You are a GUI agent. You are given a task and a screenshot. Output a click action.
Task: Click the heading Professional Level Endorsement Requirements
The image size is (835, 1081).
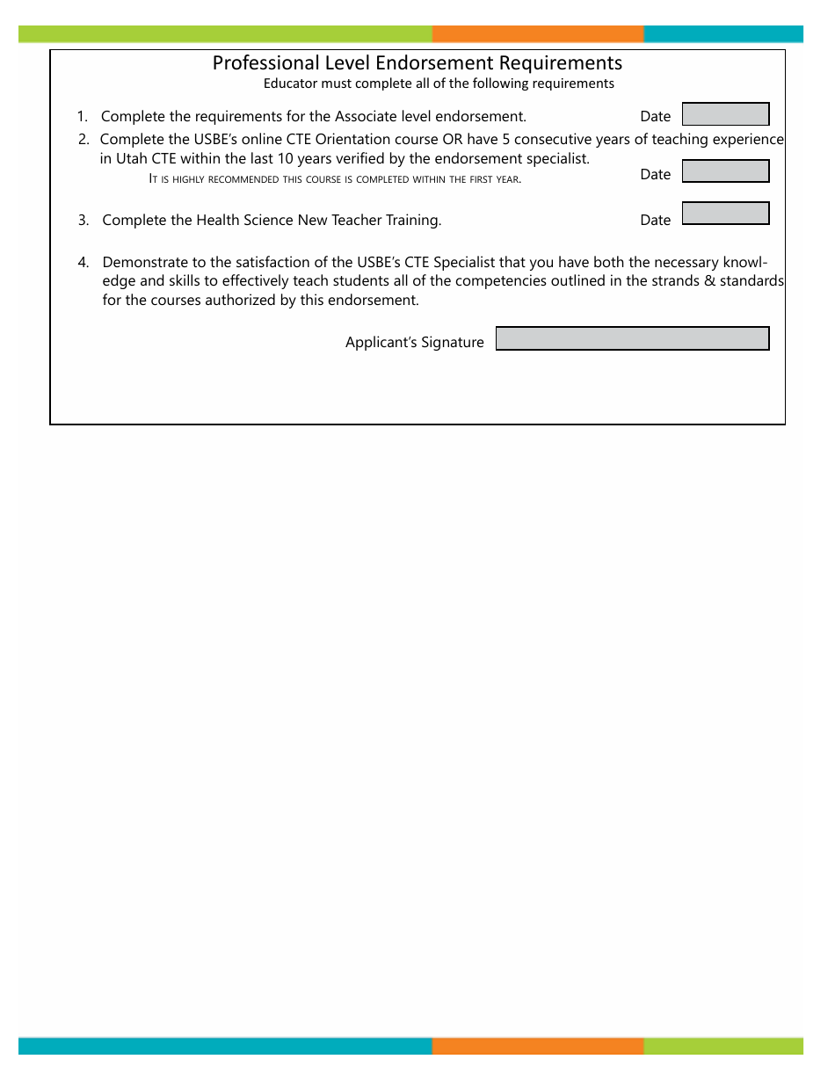click(x=417, y=63)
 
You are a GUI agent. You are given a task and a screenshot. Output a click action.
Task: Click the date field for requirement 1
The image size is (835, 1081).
click(x=725, y=114)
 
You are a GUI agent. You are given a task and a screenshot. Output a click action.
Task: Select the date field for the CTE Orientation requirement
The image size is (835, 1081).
click(x=725, y=170)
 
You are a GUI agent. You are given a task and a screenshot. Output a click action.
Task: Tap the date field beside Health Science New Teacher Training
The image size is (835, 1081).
click(x=725, y=214)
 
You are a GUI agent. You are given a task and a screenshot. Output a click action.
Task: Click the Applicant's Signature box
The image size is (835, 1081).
click(x=632, y=338)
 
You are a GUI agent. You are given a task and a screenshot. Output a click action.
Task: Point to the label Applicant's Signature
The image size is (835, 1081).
click(x=414, y=343)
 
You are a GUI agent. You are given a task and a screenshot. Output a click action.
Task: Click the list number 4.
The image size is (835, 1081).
click(x=83, y=263)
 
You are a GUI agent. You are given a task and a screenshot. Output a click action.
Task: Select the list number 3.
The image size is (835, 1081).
click(x=83, y=221)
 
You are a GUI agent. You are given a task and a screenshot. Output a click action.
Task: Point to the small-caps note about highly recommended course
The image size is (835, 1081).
click(x=335, y=179)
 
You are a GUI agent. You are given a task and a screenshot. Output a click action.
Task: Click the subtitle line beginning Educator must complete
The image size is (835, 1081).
click(x=439, y=84)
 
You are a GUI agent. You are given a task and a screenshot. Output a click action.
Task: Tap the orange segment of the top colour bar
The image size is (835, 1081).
click(x=537, y=34)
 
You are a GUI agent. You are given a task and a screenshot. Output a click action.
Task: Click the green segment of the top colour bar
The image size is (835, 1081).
click(x=224, y=34)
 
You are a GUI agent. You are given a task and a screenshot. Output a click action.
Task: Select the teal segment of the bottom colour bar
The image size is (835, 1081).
click(x=224, y=1046)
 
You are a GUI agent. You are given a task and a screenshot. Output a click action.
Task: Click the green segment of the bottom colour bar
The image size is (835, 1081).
click(x=722, y=1046)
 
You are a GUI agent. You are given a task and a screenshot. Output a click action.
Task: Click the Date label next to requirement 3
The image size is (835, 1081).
click(x=655, y=221)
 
